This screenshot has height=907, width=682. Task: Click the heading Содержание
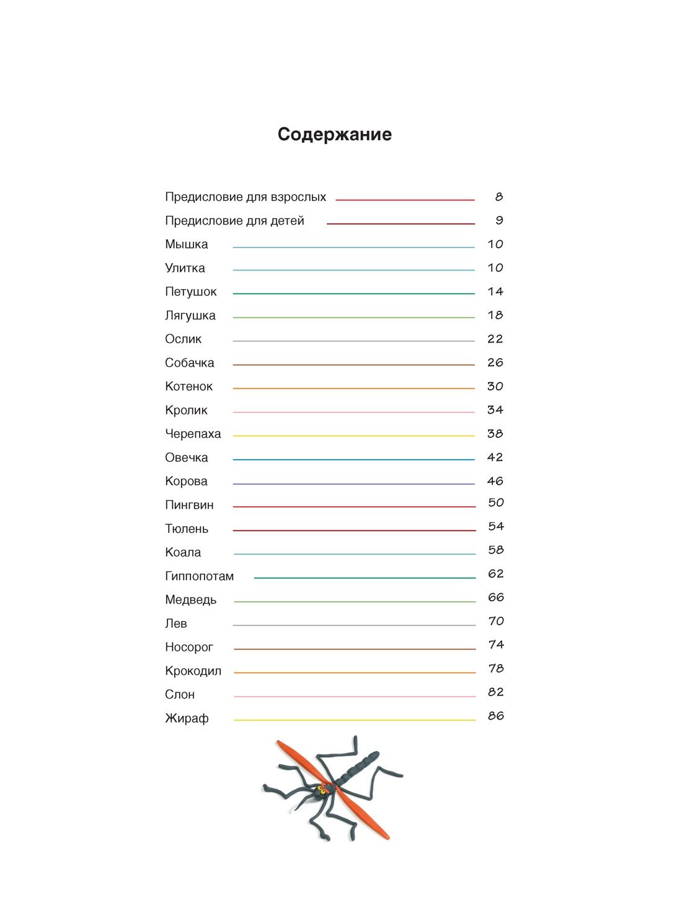(x=334, y=134)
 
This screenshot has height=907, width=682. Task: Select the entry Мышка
(x=186, y=244)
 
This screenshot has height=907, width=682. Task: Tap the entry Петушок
(x=190, y=292)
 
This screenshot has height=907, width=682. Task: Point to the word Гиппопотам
(x=199, y=576)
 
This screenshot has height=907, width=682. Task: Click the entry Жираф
(x=187, y=718)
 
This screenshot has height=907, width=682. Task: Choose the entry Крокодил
(x=193, y=671)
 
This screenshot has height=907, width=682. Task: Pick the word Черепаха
(x=193, y=434)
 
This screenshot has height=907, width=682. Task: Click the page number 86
(x=495, y=716)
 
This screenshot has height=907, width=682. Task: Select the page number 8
(x=498, y=197)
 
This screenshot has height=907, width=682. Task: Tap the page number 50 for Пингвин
(x=495, y=503)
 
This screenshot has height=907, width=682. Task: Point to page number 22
(x=495, y=339)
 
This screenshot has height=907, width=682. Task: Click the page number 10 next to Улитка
(x=495, y=268)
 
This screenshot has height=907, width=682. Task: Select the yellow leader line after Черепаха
(x=353, y=436)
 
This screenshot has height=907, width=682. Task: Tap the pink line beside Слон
(x=354, y=696)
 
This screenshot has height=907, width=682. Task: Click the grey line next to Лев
(x=353, y=625)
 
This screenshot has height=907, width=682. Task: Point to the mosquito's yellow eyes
(x=322, y=790)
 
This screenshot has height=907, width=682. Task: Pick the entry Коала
(x=183, y=553)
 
